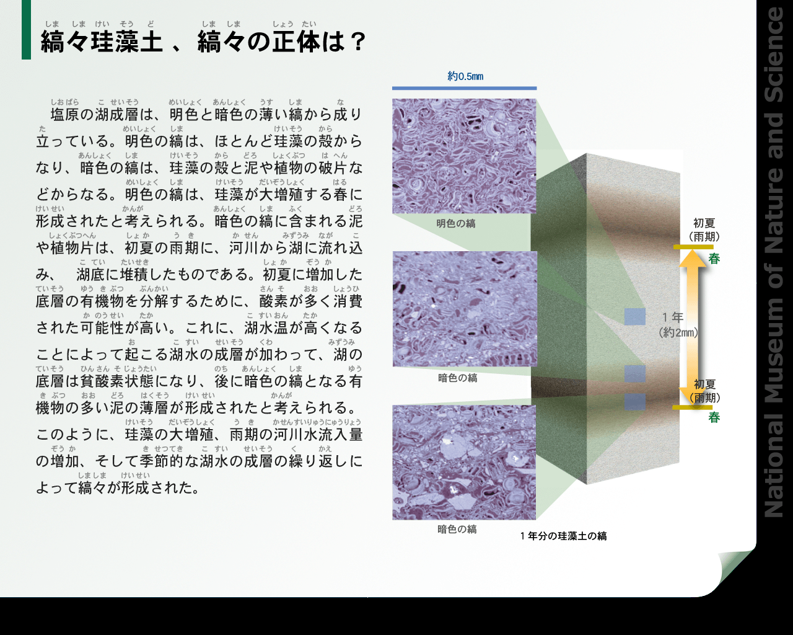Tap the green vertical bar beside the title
coord(26,30)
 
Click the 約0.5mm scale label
coord(465,76)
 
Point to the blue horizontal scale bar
coord(464,88)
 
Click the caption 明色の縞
coord(456,223)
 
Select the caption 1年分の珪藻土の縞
coord(563,536)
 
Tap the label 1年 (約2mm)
coord(678,325)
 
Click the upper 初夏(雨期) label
coord(704,229)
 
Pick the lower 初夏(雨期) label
coord(704,391)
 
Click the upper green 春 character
coord(714,259)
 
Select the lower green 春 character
coord(714,418)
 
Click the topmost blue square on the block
coord(635,317)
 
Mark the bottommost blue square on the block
coord(635,402)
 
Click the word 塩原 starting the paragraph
coord(65,115)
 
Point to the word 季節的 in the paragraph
coord(162,461)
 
